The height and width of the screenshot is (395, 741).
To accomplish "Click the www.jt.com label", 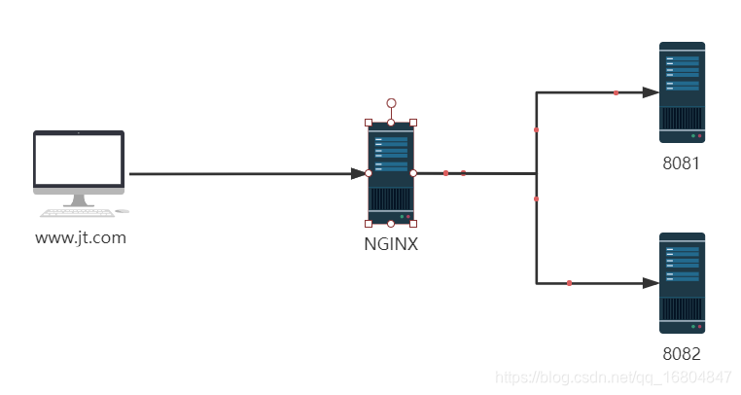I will pos(81,237).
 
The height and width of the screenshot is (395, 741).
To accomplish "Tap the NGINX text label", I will pos(390,244).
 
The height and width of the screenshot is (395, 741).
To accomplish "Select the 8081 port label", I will pos(681,163).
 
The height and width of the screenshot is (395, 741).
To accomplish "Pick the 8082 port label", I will pos(681,354).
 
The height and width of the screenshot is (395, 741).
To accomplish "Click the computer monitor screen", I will pos(80,160).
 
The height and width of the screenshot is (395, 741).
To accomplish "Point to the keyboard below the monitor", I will pos(76,212).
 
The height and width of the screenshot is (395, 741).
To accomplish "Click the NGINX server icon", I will pos(391,173).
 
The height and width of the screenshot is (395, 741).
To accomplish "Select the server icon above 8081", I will pos(682,92).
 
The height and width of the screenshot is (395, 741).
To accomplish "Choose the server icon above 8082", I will pos(682,283).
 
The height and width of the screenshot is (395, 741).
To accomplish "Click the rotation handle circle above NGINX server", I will pos(391,102).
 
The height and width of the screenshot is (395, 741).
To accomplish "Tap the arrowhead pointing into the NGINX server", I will pos(360,174).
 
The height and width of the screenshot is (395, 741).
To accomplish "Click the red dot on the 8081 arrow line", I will pos(616,93).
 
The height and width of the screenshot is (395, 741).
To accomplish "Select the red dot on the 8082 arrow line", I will pos(569,283).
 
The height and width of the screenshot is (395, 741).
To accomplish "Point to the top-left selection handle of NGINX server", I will pos(369,123).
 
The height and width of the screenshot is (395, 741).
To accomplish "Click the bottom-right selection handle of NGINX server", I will pos(413,224).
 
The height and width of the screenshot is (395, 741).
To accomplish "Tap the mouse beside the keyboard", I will pos(122,210).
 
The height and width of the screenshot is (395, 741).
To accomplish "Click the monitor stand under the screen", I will pos(79,197).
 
